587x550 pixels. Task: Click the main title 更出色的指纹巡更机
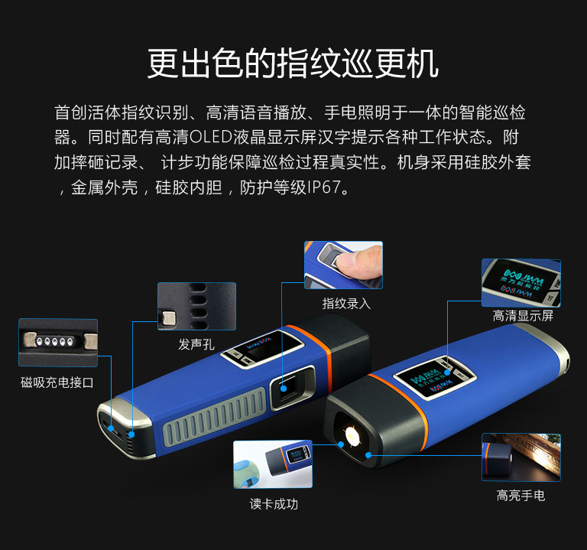tap(293, 63)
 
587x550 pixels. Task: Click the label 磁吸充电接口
tap(57, 382)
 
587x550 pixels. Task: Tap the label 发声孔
tap(196, 344)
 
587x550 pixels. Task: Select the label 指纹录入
tap(346, 304)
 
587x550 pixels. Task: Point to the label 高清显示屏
tap(523, 316)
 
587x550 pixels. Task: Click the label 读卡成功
tap(274, 504)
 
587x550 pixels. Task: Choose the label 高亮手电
tap(521, 495)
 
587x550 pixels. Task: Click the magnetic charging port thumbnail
tap(58, 343)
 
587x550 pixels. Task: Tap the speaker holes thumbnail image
tap(197, 307)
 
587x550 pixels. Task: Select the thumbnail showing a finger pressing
tap(344, 265)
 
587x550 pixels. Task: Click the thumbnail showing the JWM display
tap(521, 283)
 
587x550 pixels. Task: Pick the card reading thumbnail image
tap(273, 464)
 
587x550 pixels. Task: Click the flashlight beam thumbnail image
tap(521, 457)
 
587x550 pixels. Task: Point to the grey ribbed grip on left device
tap(215, 417)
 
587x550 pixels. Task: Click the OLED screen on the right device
tap(434, 378)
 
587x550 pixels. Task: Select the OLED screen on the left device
tap(262, 347)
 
